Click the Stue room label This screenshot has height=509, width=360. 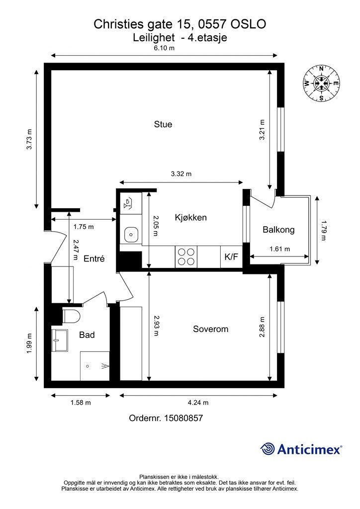pos(163,124)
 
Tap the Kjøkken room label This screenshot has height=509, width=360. pos(190,218)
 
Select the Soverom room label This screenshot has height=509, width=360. pos(210,329)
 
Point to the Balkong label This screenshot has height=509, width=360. pos(278,230)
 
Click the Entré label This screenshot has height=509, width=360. pos(94,258)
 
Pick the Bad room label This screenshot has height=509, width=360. pos(87,335)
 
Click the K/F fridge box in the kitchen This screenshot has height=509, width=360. pos(231,257)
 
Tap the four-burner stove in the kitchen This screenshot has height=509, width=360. pos(186,257)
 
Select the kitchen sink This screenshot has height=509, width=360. pos(131,234)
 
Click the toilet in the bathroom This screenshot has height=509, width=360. pos(72,316)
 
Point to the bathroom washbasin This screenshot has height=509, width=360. pos(59,340)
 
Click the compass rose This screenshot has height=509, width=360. pos(321,84)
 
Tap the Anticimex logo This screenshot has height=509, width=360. pos(301,449)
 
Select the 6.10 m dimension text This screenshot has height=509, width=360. pos(164,48)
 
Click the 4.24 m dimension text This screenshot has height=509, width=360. pos(198,403)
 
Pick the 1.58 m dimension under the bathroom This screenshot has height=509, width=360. pos(81,403)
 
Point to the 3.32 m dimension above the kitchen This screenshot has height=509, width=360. pos(181,173)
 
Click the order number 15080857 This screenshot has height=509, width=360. pos(184,418)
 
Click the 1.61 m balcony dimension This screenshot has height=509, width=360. pos(280,249)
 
